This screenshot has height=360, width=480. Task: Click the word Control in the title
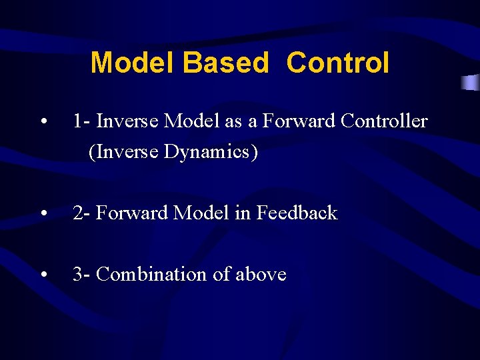(337, 63)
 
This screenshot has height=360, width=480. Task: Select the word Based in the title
(225, 63)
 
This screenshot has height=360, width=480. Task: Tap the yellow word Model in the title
(133, 63)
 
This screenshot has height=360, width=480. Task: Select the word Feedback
(297, 213)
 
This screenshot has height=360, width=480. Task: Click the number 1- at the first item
(82, 121)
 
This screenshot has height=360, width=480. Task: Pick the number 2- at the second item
(82, 213)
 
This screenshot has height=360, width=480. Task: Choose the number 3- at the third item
(82, 275)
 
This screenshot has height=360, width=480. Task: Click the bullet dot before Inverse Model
(43, 122)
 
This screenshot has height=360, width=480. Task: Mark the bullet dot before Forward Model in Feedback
(43, 214)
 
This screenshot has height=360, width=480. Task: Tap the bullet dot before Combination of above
(43, 275)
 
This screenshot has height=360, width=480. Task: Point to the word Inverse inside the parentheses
(124, 152)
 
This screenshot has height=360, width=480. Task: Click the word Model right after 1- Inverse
(189, 121)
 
